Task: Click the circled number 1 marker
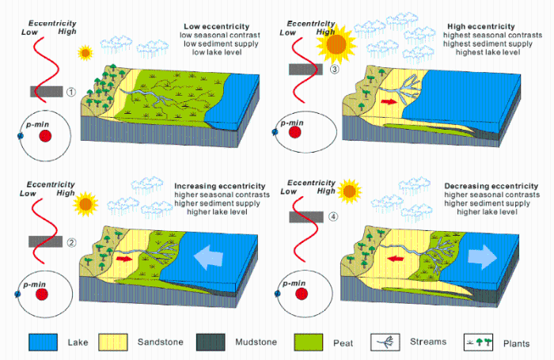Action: coord(71,92)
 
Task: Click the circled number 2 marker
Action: coord(71,243)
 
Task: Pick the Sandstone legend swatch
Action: coord(119,343)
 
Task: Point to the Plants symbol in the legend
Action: coord(478,343)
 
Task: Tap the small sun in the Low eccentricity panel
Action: coord(85,53)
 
